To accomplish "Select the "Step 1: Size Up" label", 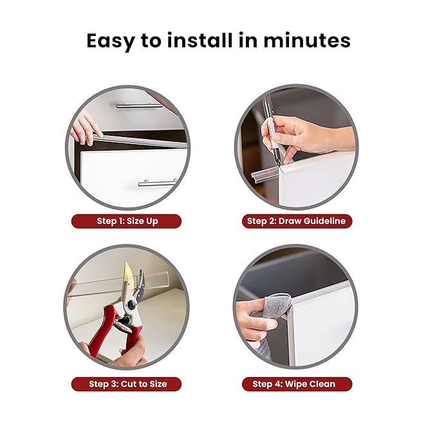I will click(127, 221).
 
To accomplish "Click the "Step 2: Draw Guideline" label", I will click(296, 221).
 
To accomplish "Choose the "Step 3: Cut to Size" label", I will click(127, 384).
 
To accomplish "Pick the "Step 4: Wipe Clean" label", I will click(296, 384).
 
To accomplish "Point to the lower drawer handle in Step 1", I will click(158, 183).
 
